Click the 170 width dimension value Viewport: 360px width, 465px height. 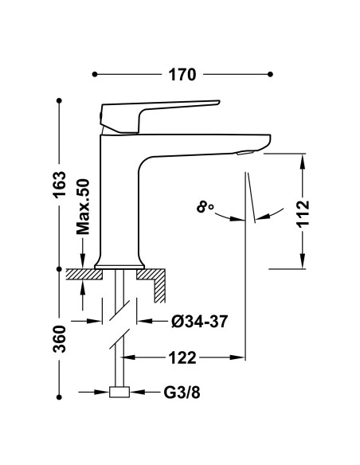point(182,74)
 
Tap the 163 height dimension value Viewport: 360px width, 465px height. point(59,184)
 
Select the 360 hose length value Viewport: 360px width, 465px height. point(59,339)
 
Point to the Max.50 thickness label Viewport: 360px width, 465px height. point(83,206)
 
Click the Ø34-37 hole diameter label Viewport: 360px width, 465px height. point(200,321)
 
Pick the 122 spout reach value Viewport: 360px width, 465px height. point(182,358)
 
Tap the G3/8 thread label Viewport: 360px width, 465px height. point(182,393)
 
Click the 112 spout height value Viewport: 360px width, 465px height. point(303,214)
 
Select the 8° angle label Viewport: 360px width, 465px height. point(205,207)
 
